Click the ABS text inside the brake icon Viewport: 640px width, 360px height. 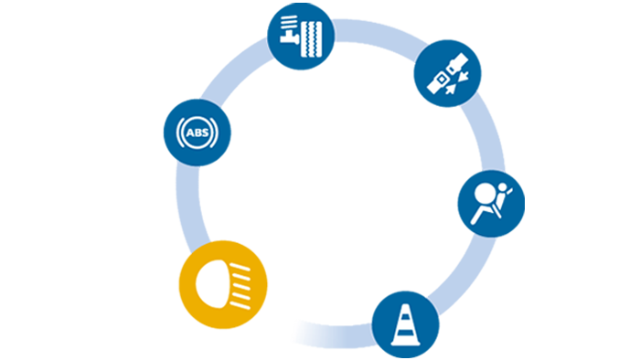point(197,132)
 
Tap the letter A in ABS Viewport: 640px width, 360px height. point(190,132)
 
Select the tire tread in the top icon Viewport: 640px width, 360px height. point(312,39)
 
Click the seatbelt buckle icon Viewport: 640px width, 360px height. point(448,74)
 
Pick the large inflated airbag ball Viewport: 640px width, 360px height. point(485,193)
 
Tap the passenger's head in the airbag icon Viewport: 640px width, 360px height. point(503,187)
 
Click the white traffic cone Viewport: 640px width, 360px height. point(405,325)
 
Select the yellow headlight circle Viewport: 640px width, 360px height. point(223,284)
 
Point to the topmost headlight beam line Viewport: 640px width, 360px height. point(240,268)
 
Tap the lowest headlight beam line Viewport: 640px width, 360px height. point(240,304)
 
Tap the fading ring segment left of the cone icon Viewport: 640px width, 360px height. point(335,334)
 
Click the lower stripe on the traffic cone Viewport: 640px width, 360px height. point(405,333)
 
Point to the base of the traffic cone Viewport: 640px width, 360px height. point(405,343)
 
